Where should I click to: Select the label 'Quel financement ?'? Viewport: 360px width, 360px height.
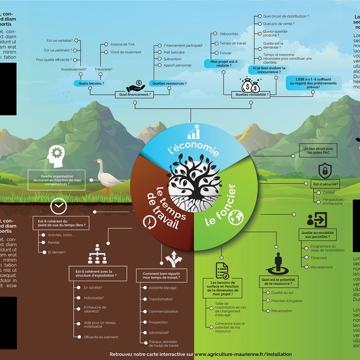click(136, 94)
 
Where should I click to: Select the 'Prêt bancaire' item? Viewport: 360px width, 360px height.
click(174, 52)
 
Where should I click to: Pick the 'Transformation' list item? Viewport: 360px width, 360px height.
click(161, 299)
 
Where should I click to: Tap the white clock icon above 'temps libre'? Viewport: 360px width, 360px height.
click(59, 206)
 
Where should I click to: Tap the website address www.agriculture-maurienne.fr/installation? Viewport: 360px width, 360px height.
click(231, 354)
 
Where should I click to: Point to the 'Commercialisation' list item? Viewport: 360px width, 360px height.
click(164, 311)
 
